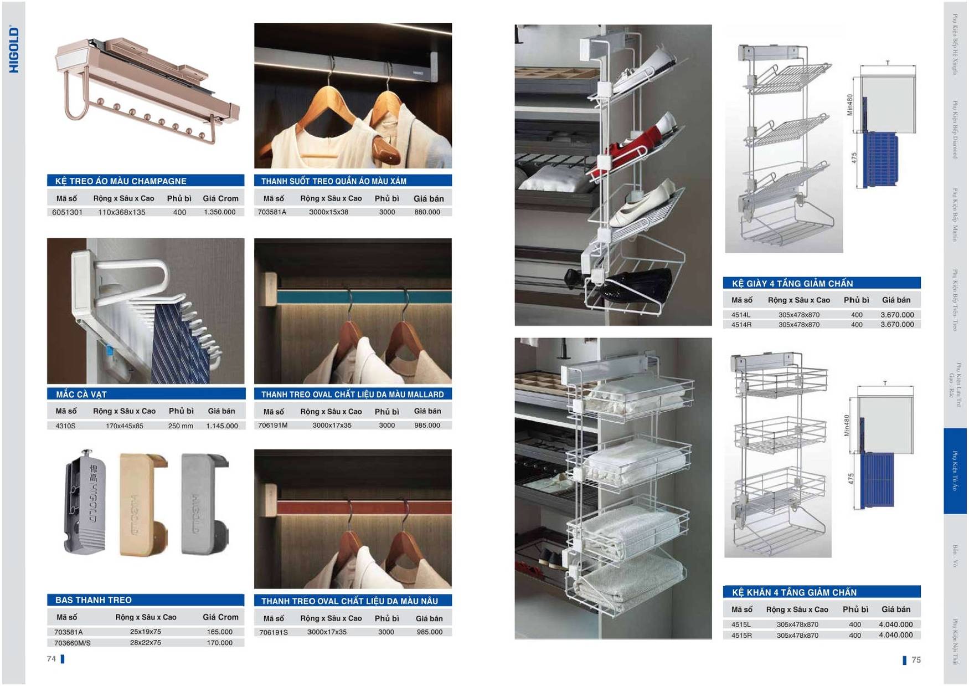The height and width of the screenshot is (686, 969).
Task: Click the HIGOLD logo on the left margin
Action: pyautogui.click(x=14, y=50)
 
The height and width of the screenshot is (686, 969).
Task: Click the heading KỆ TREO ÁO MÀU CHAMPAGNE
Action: pyautogui.click(x=120, y=181)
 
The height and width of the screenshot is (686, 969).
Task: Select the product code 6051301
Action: pyautogui.click(x=67, y=212)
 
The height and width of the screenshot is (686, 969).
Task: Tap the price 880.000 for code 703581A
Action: pyautogui.click(x=427, y=212)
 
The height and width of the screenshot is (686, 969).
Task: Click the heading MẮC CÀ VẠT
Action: pyautogui.click(x=81, y=395)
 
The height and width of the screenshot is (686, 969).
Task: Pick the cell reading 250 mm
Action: pyautogui.click(x=181, y=426)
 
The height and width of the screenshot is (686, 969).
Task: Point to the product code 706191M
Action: pyautogui.click(x=272, y=426)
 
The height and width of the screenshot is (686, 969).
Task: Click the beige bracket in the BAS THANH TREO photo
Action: pyautogui.click(x=138, y=504)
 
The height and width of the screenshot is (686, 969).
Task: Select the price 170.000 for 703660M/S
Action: pyautogui.click(x=219, y=643)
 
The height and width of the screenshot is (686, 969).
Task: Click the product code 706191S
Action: pyautogui.click(x=272, y=632)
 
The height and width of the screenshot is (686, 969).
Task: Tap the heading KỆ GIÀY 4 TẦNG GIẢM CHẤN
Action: pyautogui.click(x=792, y=284)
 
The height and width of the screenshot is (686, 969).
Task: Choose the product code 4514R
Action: pyautogui.click(x=741, y=325)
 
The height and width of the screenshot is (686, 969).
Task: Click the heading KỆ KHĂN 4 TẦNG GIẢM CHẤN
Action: pyautogui.click(x=793, y=592)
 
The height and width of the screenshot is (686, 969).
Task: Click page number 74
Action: pyautogui.click(x=51, y=659)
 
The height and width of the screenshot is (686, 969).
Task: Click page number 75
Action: pyautogui.click(x=916, y=660)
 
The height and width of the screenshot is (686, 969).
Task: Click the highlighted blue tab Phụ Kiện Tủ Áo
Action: pyautogui.click(x=955, y=471)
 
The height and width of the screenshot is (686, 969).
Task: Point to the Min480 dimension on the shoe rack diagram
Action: pyautogui.click(x=850, y=105)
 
